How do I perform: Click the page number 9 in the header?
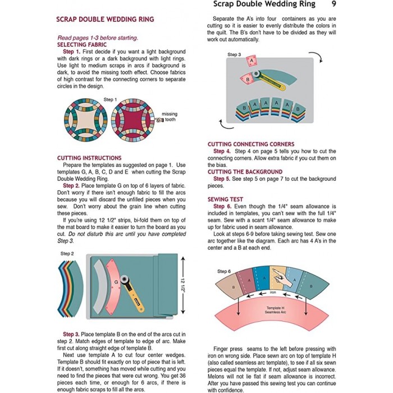tap(333, 4)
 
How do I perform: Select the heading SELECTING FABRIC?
tap(81, 44)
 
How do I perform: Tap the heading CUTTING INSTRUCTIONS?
tap(89, 158)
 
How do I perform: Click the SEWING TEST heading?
tap(225, 199)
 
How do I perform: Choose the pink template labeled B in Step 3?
tap(246, 80)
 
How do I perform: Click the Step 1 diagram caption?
tap(110, 99)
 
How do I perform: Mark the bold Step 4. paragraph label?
tap(222, 152)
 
